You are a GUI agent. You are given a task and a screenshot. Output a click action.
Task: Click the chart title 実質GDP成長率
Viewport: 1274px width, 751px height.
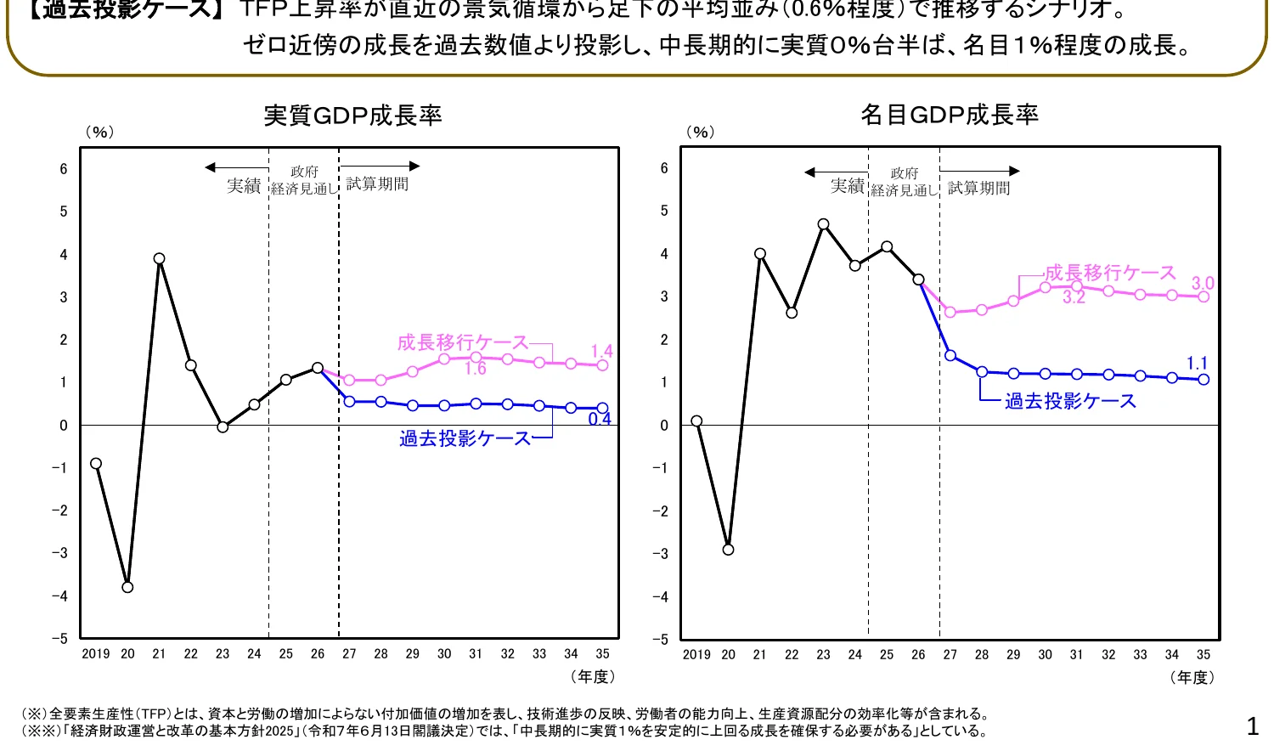click(352, 116)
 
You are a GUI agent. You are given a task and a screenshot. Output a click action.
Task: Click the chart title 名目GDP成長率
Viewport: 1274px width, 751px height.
click(950, 115)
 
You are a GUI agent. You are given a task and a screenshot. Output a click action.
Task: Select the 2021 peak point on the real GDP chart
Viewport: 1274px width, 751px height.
click(159, 258)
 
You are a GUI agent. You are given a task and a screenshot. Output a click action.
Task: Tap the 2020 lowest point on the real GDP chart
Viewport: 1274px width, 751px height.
click(127, 587)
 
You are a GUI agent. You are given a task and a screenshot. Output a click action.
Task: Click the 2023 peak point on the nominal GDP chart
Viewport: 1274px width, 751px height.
click(823, 224)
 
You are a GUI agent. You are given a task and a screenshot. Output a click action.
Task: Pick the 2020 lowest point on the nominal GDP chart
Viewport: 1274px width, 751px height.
click(728, 550)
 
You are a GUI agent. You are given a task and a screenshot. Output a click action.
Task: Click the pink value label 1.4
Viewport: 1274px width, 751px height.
click(601, 352)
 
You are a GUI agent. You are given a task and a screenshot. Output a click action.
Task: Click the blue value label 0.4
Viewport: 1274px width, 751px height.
click(600, 419)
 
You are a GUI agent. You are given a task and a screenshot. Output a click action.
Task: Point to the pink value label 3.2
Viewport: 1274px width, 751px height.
click(1074, 297)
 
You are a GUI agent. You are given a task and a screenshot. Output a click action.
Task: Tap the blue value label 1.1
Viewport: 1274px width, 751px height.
click(1197, 364)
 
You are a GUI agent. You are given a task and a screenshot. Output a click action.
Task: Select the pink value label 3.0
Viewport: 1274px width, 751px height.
click(1203, 284)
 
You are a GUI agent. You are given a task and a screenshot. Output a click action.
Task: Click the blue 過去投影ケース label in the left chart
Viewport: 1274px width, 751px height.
click(465, 438)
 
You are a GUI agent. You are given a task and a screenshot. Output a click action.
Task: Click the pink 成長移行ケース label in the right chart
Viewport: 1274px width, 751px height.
click(1110, 273)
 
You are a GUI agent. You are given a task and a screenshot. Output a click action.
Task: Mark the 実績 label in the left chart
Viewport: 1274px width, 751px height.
click(243, 185)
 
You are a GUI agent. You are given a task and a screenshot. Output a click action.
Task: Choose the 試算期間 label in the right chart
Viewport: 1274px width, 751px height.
click(978, 188)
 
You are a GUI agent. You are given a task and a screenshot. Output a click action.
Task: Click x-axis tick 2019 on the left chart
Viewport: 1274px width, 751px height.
click(96, 654)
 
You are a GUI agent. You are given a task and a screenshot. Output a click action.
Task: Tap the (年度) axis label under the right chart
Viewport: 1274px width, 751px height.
click(1192, 677)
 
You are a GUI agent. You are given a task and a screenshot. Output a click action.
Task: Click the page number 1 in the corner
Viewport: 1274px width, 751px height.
click(1252, 726)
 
